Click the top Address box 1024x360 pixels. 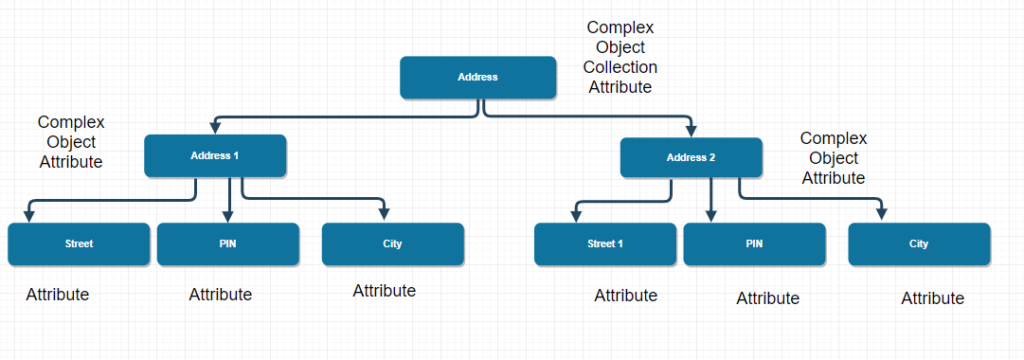point(477,77)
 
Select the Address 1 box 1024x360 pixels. point(215,155)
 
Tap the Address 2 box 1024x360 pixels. point(691,157)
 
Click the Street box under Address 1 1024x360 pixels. point(79,243)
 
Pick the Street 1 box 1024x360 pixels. point(605,243)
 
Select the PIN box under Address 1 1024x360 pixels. point(227,243)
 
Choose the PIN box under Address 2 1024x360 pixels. point(754,243)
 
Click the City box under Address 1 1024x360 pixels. point(392,243)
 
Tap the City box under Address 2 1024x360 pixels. point(919,243)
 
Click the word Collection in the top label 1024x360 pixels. point(620,67)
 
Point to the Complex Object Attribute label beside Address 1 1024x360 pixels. point(71,142)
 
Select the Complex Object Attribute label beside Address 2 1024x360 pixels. point(834,158)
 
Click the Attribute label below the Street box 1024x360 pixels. point(58,295)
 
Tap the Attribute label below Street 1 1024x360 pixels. point(626,296)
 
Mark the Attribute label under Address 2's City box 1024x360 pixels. point(932,298)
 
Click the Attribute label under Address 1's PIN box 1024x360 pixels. point(221,295)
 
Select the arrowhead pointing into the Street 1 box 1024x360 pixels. point(574,216)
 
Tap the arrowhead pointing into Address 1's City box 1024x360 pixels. point(385,215)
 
